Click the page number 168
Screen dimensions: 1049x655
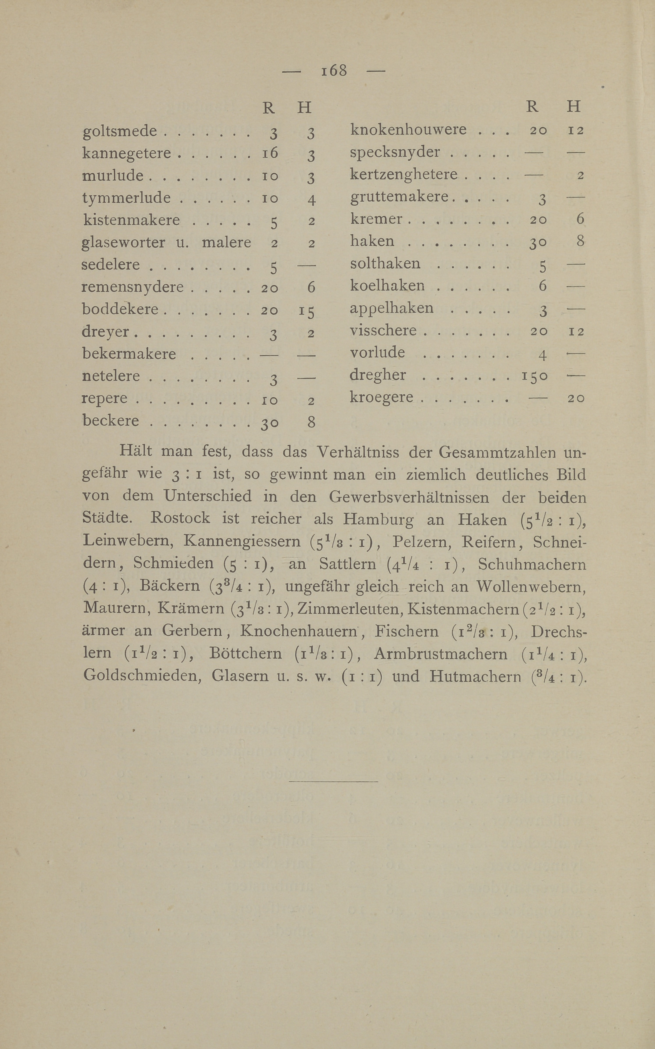334,70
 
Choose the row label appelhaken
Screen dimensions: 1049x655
391,308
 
